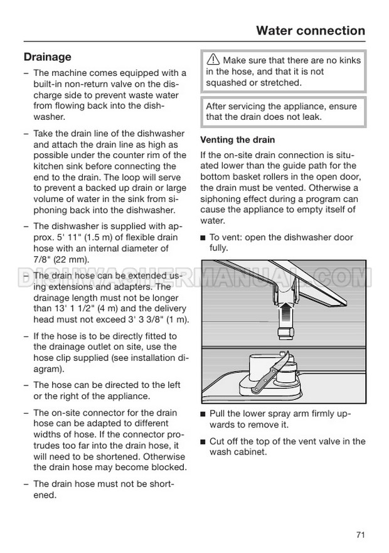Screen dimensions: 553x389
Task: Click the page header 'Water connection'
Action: (311, 30)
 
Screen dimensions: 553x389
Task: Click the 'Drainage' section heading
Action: (47, 57)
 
